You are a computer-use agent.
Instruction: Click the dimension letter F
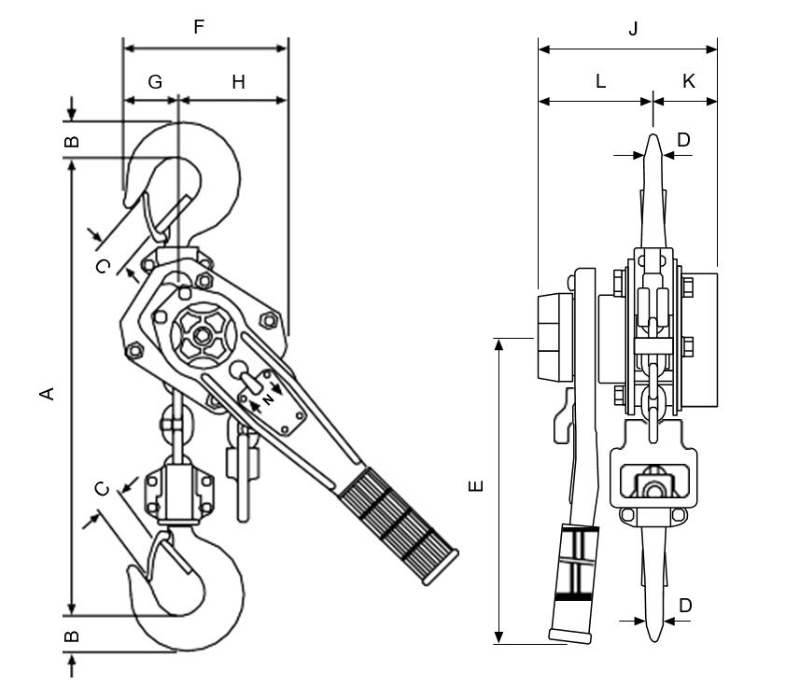coord(198,27)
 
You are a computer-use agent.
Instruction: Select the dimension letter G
coord(155,82)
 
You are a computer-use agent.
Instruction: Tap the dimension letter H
coord(238,82)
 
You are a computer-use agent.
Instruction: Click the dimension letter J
coord(632,29)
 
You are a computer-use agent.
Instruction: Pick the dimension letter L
coord(600,81)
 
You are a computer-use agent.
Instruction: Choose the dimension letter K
coord(688,81)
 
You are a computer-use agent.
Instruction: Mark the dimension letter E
coord(475,486)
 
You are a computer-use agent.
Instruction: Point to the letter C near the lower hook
coord(104,488)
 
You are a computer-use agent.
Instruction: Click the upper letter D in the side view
coord(683,140)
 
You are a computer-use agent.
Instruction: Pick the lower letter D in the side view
coord(685,606)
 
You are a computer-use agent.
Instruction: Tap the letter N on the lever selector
coord(268,397)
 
